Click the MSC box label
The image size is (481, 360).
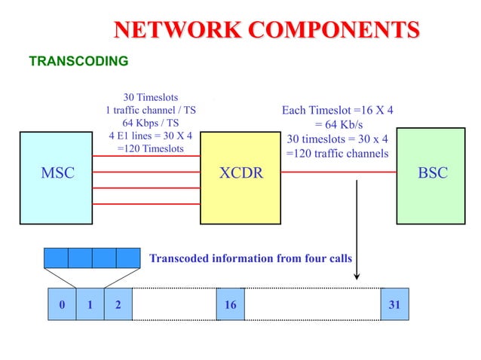[57, 173]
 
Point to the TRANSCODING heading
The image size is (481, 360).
[78, 61]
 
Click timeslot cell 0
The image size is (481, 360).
[62, 305]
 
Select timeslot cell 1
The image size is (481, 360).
[90, 305]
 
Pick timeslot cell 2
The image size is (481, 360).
[118, 305]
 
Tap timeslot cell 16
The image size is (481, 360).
[231, 305]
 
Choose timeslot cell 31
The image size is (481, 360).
[394, 305]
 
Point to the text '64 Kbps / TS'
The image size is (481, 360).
[151, 123]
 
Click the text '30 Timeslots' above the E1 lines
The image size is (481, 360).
[151, 97]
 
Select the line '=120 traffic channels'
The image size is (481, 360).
[337, 153]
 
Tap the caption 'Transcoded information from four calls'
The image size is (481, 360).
[250, 258]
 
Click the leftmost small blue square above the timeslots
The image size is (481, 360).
[56, 258]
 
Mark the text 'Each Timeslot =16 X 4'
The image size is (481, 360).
[337, 111]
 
